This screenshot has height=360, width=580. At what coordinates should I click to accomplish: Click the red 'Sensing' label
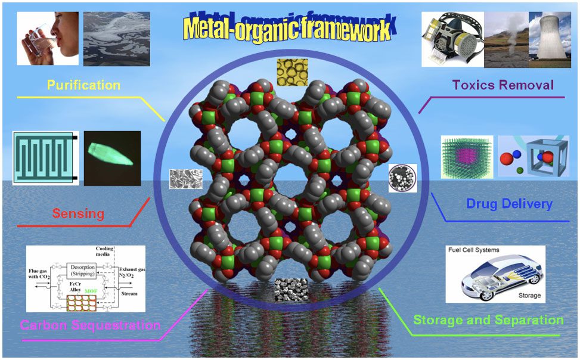[x=78, y=213]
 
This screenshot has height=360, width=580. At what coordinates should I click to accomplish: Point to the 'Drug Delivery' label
[x=509, y=204]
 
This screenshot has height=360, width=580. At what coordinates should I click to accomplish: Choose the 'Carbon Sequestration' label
[x=90, y=325]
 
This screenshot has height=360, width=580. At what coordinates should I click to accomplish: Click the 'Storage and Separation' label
[x=488, y=320]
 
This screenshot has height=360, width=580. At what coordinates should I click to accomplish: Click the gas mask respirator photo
[x=452, y=41]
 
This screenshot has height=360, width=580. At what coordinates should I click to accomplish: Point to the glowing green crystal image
[x=112, y=157]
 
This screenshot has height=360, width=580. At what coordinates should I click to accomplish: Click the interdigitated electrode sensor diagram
[x=45, y=158]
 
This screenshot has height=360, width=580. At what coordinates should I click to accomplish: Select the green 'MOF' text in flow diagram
[x=91, y=290]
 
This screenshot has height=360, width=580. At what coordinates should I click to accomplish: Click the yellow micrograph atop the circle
[x=292, y=72]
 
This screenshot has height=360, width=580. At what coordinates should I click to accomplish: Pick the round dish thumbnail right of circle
[x=402, y=178]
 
